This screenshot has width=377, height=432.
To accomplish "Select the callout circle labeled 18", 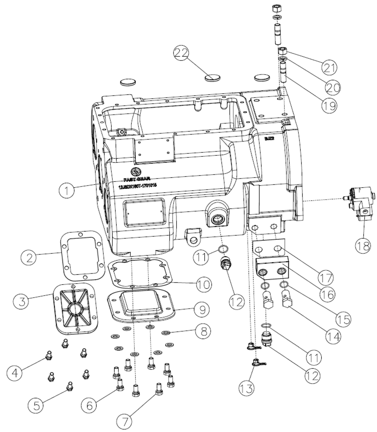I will [x=363, y=244].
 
